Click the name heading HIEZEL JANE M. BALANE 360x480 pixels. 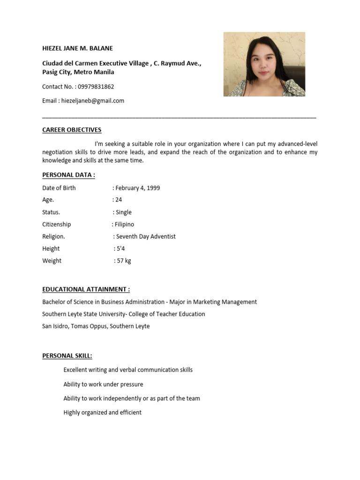(x=77, y=48)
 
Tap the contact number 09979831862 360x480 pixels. (x=96, y=87)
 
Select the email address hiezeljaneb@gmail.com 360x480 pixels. (x=93, y=101)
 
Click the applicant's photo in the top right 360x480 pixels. (x=264, y=64)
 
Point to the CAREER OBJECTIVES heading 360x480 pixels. (x=72, y=130)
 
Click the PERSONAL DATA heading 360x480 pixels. (x=68, y=175)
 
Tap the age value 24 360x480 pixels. (x=119, y=200)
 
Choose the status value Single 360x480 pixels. (x=124, y=212)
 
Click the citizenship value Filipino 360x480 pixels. (x=124, y=225)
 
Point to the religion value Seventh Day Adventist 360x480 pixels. (x=146, y=237)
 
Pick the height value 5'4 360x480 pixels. (x=121, y=249)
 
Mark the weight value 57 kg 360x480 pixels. (x=124, y=261)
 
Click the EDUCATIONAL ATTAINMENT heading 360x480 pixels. (x=86, y=290)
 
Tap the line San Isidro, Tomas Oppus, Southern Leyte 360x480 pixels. (x=96, y=326)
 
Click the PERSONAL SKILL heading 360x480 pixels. (x=67, y=356)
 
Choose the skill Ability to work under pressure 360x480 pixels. (x=103, y=384)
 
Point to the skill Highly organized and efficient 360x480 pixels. (x=102, y=413)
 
